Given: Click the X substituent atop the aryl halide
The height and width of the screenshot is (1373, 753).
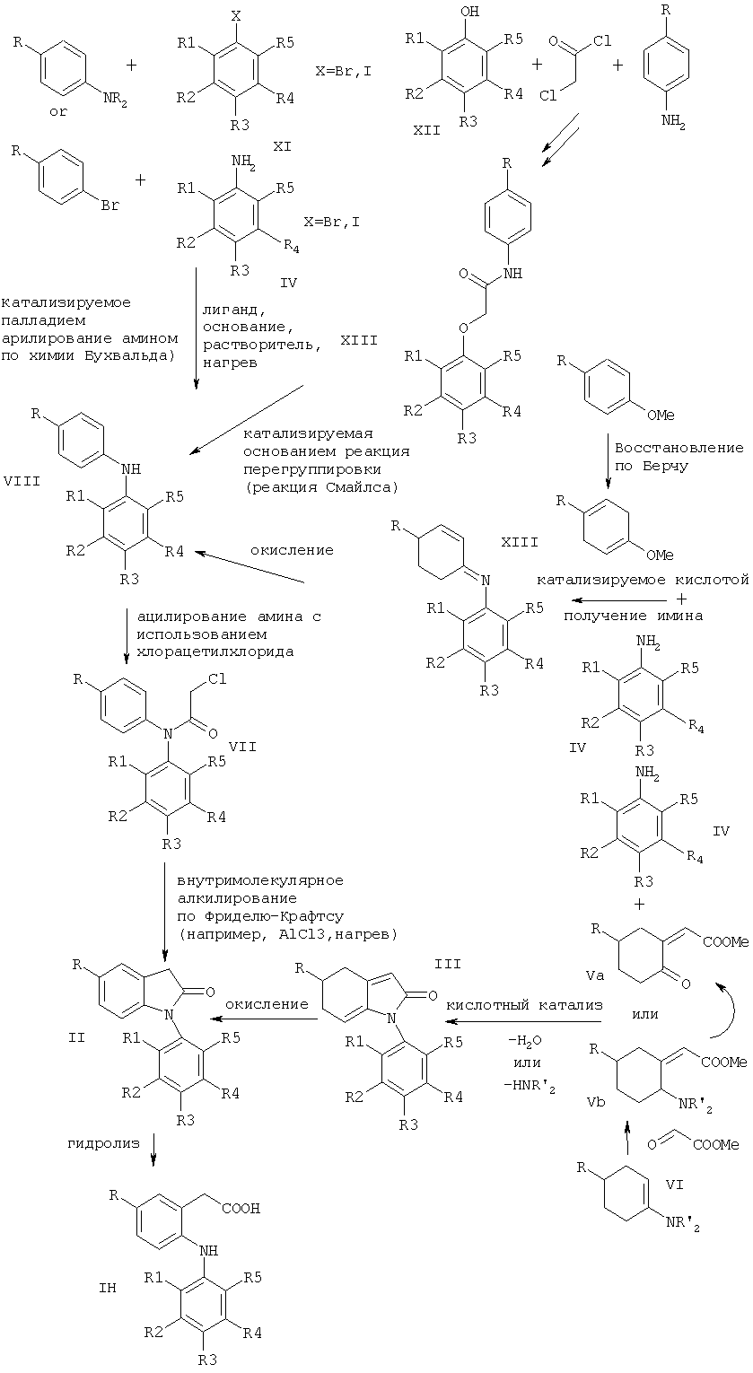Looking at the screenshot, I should pyautogui.click(x=235, y=16).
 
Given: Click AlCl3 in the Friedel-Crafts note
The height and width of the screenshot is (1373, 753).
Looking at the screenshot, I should pyautogui.click(x=291, y=935).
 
